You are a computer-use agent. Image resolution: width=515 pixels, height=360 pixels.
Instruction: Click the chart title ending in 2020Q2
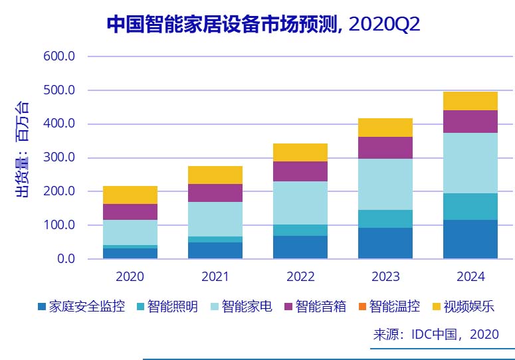click(264, 25)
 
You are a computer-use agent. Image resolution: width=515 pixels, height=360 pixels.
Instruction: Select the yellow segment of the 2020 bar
click(130, 195)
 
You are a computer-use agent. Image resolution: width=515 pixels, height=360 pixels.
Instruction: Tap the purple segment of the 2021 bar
click(215, 193)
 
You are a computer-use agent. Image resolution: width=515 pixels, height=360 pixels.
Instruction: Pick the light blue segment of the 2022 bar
click(300, 203)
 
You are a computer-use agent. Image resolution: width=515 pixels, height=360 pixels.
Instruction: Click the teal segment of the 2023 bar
click(385, 219)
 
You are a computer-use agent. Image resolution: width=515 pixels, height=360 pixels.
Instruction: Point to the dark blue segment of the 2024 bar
click(470, 239)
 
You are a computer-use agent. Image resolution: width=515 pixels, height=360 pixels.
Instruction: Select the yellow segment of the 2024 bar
click(470, 101)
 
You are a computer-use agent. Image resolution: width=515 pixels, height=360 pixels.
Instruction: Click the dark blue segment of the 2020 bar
click(130, 253)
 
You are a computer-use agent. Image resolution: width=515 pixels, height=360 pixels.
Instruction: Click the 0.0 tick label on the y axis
click(65, 259)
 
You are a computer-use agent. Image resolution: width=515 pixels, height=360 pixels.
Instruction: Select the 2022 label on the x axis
click(300, 276)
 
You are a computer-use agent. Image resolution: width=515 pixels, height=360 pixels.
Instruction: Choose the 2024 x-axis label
click(470, 276)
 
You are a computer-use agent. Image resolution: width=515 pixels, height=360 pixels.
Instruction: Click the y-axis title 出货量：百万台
click(22, 149)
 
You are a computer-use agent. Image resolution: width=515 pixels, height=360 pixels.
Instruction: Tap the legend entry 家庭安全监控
click(81, 307)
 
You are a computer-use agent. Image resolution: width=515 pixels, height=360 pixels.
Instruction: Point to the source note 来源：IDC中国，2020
click(436, 335)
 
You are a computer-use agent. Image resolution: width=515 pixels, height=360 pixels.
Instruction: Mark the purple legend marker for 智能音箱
click(286, 307)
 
